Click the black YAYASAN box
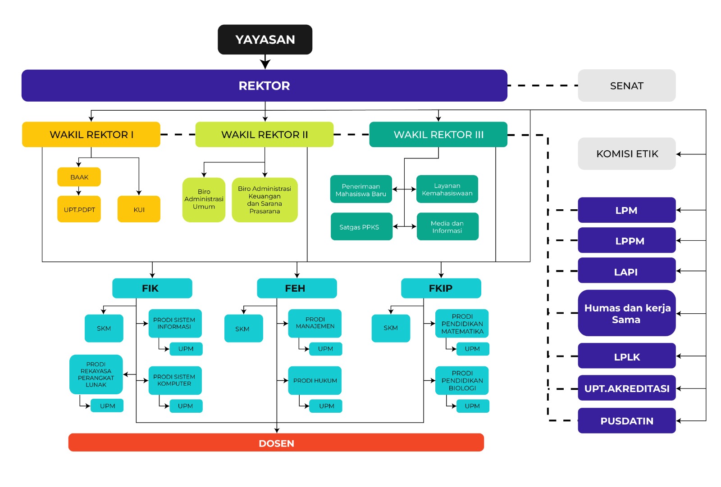[265, 40]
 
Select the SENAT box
[626, 86]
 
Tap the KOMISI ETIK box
[626, 154]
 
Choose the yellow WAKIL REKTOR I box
[91, 135]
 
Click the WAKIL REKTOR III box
[438, 135]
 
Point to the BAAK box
[79, 177]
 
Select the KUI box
[139, 209]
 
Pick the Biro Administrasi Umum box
[204, 199]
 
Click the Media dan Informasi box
[447, 227]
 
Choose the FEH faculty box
[297, 288]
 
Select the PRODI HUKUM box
[315, 380]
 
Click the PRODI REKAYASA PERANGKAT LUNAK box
[96, 374]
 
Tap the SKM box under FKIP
[391, 328]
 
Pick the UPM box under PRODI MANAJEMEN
[325, 349]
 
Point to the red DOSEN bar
[276, 443]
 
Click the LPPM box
[626, 241]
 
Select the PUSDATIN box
[626, 421]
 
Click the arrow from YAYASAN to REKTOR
[265, 62]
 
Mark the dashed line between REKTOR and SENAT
[543, 86]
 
